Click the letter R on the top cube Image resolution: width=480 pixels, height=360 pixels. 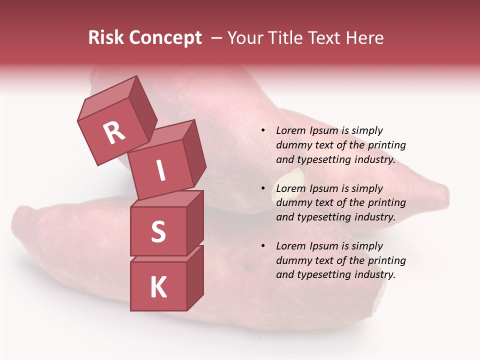point(114,132)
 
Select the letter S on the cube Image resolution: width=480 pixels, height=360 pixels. point(158,231)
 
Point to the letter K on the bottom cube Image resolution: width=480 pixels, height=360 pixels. point(158,287)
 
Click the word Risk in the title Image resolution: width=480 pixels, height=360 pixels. point(105,38)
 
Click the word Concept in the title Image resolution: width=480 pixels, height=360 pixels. point(165,38)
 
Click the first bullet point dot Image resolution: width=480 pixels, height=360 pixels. point(262,131)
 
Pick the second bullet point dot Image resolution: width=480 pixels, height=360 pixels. point(262,189)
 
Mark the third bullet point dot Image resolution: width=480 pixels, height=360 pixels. point(262,246)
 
